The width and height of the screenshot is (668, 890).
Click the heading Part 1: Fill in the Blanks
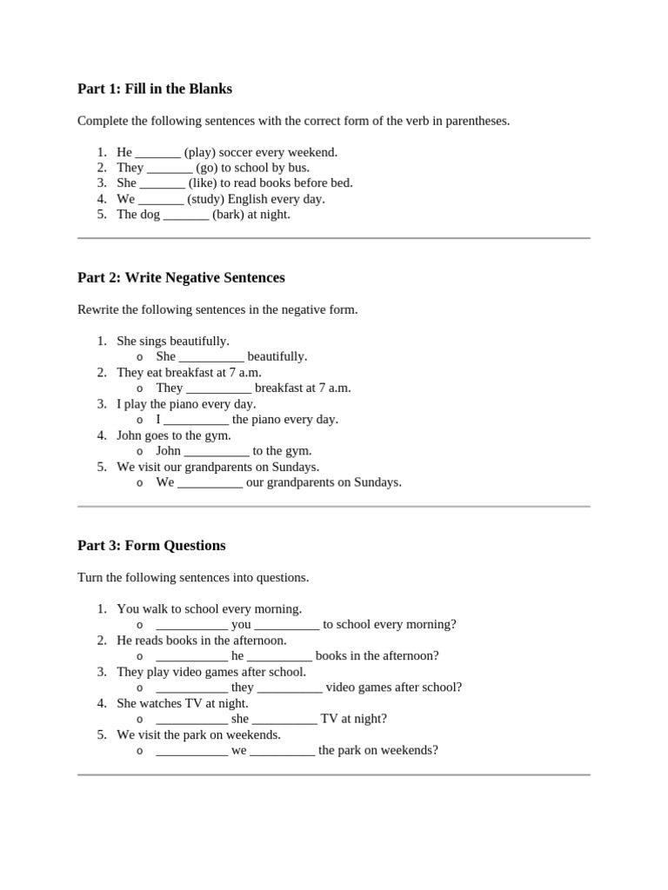coord(155,89)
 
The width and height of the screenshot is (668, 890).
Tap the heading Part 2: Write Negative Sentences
coord(181,278)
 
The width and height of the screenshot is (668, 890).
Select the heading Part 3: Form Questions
coord(151,546)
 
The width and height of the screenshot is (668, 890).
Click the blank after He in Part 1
coord(157,153)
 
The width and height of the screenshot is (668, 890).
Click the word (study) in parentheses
coord(205,199)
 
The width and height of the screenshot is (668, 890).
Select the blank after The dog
coord(186,216)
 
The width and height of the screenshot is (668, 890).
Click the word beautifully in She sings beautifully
coord(199,341)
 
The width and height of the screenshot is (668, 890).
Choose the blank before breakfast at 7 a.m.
coord(219,389)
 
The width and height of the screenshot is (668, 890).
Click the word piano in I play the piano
coord(189,403)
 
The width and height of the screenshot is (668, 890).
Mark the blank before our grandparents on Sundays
coord(210,483)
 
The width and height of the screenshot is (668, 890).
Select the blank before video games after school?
coord(290,688)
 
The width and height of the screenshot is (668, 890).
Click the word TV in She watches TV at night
coord(194,702)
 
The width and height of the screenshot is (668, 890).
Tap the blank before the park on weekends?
coord(282,751)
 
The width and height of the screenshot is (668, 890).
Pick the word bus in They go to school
coord(298,168)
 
